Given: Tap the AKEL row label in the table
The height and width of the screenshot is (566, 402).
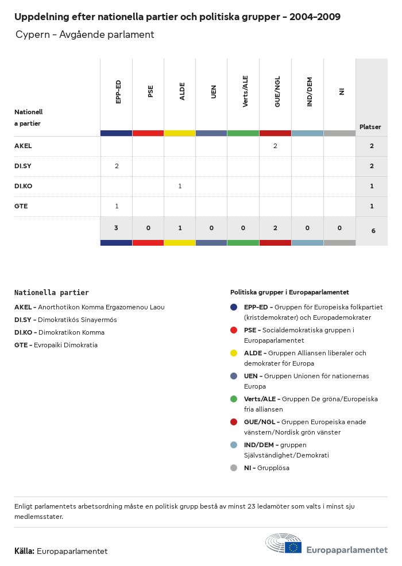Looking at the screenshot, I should (x=23, y=146).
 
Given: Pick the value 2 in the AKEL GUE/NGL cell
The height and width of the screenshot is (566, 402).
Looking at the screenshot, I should (x=275, y=146).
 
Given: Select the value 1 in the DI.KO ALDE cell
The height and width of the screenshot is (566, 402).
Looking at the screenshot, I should (x=180, y=187).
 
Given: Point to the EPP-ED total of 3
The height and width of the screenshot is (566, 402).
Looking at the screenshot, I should (x=116, y=228).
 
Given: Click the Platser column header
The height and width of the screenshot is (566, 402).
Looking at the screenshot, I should (x=370, y=127).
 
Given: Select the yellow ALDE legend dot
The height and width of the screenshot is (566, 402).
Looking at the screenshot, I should (x=234, y=353).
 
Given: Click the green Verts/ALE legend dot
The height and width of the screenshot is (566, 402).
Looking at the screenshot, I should (x=234, y=399).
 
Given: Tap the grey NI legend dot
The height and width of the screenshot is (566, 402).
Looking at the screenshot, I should (x=234, y=468).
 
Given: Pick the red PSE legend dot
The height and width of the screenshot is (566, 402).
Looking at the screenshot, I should (x=234, y=330).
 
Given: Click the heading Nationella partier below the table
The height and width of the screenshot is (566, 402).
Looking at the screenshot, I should (x=52, y=293).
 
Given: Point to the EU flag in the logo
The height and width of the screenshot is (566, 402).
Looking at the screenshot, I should (x=293, y=548).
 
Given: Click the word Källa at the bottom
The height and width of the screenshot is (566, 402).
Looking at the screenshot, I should (x=24, y=552).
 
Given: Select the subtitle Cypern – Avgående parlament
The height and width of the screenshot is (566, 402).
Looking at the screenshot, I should (x=85, y=35).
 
